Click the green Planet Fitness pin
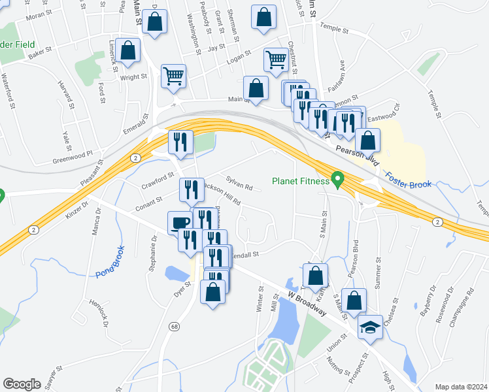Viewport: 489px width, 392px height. coord(338,178)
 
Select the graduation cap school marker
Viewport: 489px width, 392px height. coord(369,327)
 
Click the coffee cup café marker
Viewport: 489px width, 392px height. coord(180,223)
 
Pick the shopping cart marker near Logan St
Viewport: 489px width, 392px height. coord(276,59)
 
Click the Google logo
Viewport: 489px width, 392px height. coord(22,384)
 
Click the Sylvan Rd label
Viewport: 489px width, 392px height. coord(239,183)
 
